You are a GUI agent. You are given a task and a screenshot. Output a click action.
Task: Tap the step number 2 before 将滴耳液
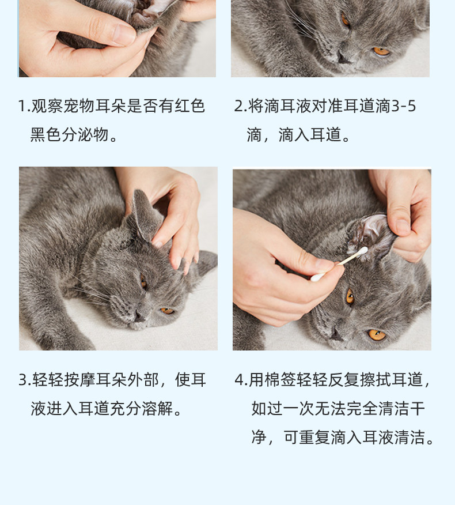[239, 106]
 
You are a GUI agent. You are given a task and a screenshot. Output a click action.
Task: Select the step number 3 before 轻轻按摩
[23, 380]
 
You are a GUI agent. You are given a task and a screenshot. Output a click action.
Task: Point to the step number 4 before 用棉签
[240, 380]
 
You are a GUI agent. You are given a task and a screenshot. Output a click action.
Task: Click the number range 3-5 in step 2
[403, 106]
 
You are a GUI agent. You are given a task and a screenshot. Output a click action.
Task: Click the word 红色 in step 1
[189, 106]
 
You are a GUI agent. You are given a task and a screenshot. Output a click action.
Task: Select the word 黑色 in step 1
[45, 135]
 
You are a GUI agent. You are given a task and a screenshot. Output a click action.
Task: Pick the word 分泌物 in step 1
[85, 135]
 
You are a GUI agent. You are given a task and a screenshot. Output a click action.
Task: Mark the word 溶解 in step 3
[158, 409]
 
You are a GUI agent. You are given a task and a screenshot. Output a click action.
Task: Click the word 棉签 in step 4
[280, 380]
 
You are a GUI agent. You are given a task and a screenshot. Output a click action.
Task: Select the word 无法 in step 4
[331, 409]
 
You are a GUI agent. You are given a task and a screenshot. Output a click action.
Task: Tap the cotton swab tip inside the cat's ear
[363, 251]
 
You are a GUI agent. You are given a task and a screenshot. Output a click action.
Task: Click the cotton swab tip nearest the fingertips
[317, 277]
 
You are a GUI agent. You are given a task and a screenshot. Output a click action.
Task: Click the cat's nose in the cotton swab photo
[336, 336]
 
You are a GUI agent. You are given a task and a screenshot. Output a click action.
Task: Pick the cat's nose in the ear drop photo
[343, 58]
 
